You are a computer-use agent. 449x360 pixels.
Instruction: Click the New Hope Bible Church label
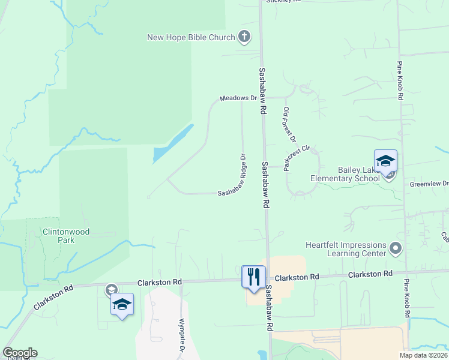[191, 38]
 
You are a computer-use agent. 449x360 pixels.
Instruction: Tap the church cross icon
[244, 37]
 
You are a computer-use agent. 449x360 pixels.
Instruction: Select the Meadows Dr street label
[238, 98]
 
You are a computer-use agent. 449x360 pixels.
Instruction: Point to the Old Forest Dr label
[289, 125]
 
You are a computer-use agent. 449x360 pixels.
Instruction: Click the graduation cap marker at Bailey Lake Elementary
[385, 161]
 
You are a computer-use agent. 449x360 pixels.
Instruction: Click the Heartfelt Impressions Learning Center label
[345, 249]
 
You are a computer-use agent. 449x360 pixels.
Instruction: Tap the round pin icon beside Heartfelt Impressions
[395, 248]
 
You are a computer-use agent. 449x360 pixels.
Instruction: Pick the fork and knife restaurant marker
[253, 277]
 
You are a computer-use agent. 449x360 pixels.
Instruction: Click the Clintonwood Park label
[58, 235]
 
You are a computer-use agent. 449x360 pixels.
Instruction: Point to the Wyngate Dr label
[181, 331]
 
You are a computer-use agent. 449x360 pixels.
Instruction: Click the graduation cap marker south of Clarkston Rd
[122, 304]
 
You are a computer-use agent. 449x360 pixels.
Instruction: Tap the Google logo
[20, 353]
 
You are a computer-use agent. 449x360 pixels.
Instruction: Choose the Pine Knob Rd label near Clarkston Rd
[408, 298]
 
